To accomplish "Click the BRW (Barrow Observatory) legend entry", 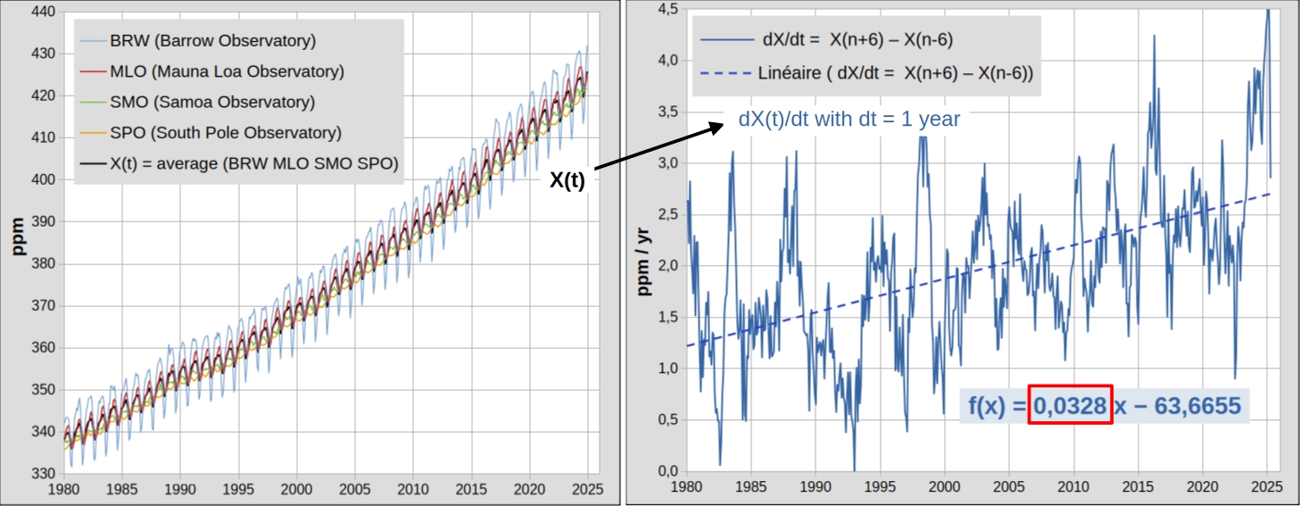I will coord(212,40).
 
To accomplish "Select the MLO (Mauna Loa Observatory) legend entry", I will coord(227,71).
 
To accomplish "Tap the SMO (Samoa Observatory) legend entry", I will coord(212,102).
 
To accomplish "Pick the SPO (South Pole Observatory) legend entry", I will coord(226,133).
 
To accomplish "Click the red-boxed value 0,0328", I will coord(1070,406).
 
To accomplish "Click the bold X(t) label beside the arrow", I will coord(567,180).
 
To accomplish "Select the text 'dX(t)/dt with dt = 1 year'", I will coord(849,119).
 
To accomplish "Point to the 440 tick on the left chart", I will coord(43,12).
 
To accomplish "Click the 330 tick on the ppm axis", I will coord(43,474).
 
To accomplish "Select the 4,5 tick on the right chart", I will coord(667,9).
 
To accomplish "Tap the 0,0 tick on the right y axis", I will coord(667,471).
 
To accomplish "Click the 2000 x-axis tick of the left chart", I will coord(296,490).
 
